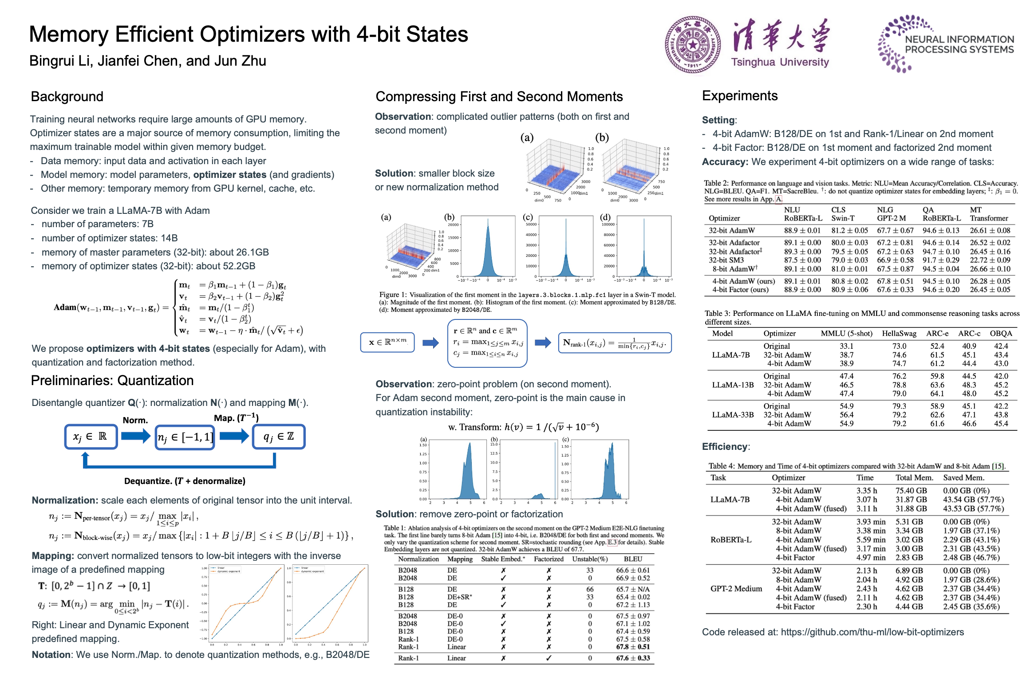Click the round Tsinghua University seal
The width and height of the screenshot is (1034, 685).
click(x=693, y=45)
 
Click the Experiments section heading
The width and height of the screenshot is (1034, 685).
click(x=740, y=96)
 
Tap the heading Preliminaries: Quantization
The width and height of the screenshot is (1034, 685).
click(x=112, y=381)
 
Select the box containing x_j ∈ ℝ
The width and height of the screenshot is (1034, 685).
click(x=91, y=437)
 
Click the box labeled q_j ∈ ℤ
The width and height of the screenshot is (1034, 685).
click(x=279, y=437)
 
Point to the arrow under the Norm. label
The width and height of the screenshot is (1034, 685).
click(x=136, y=436)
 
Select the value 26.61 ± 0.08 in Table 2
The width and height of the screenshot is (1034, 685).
click(x=990, y=231)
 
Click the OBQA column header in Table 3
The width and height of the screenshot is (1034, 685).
click(x=1001, y=334)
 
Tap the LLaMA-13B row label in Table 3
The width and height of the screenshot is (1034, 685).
click(x=733, y=385)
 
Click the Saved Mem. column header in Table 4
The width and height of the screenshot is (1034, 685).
click(x=963, y=478)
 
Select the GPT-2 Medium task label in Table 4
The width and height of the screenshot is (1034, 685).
click(x=736, y=589)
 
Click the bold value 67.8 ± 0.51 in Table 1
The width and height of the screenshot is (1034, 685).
click(x=633, y=647)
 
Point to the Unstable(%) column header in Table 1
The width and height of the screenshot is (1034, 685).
click(x=590, y=559)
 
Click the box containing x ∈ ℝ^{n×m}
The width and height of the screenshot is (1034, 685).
click(x=387, y=342)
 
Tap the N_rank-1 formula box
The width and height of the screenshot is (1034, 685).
click(x=615, y=343)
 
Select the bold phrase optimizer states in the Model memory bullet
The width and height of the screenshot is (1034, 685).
click(x=230, y=175)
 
